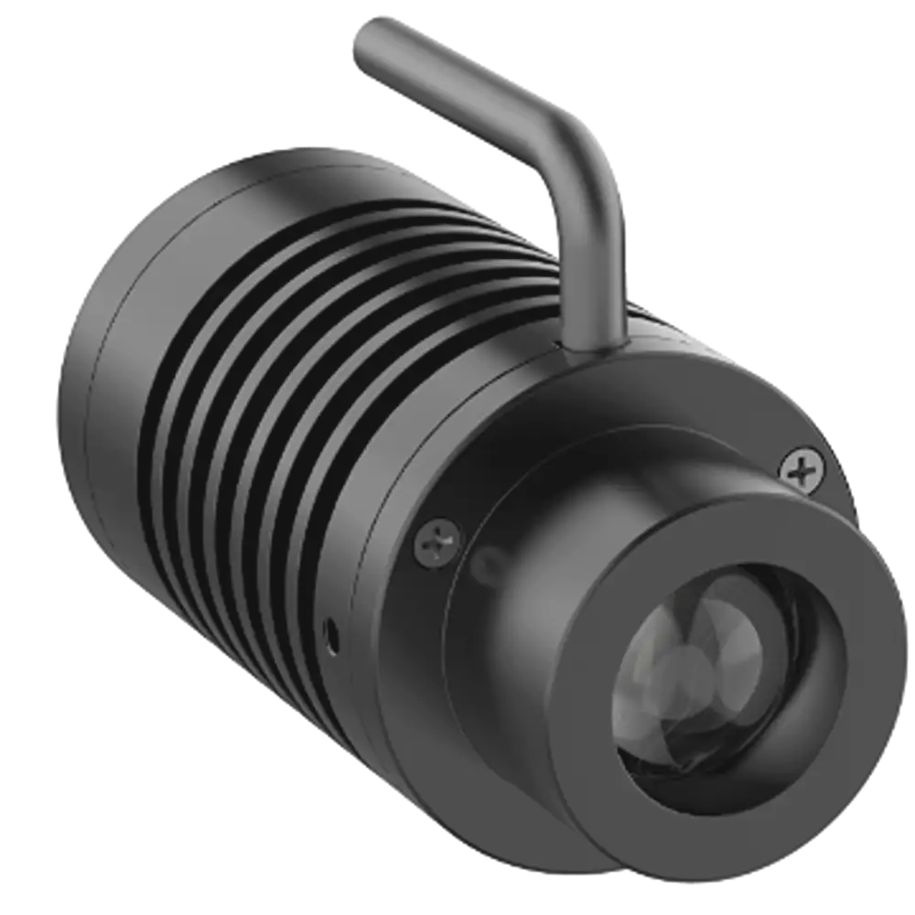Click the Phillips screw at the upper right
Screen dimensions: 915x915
point(802,472)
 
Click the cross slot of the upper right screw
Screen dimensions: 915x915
point(802,472)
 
